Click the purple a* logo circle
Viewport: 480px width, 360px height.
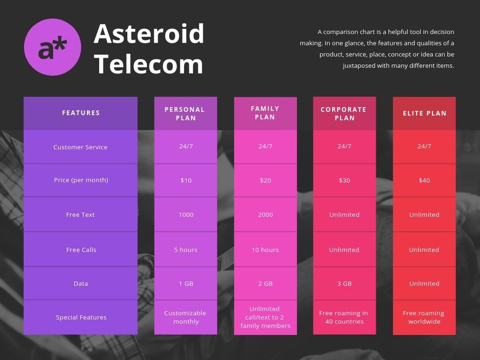point(53,47)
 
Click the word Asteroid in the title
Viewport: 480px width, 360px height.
point(149,34)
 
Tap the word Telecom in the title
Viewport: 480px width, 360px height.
point(148,64)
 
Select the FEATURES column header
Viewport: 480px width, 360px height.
point(81,113)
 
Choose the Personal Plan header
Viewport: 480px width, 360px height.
point(185,114)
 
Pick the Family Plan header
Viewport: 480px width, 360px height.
point(265,113)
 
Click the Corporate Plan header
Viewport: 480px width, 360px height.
point(344,114)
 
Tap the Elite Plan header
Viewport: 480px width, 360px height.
point(425,113)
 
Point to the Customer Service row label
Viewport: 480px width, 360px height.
point(80,147)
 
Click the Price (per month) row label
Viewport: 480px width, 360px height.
point(81,180)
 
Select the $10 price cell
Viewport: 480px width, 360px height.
point(186,180)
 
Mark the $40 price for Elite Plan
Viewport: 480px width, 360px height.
point(425,180)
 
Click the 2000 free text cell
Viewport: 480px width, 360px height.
point(265,214)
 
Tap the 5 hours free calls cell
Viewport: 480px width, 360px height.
point(186,250)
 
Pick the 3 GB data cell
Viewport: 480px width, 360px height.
point(345,284)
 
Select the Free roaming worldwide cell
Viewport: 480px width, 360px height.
point(424,317)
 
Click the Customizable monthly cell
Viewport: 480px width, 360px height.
point(185,317)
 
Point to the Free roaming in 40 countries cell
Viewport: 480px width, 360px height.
point(344,317)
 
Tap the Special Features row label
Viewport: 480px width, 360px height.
point(81,317)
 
